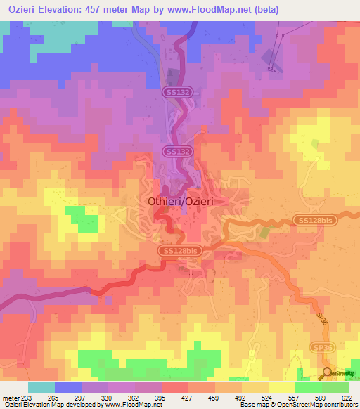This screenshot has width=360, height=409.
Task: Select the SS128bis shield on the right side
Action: (x=312, y=221)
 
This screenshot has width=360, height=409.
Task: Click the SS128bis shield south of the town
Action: (x=179, y=250)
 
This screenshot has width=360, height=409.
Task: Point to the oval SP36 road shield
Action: (x=322, y=348)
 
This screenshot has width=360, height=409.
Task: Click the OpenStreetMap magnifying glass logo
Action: (x=327, y=373)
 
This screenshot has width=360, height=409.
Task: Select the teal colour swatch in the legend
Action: (x=41, y=387)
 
